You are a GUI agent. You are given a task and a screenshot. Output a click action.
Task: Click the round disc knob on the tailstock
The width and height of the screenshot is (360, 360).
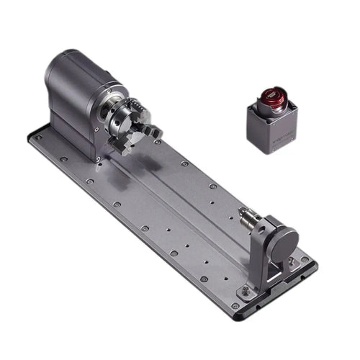[284, 238]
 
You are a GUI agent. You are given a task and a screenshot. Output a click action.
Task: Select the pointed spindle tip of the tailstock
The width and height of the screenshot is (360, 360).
[240, 212]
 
